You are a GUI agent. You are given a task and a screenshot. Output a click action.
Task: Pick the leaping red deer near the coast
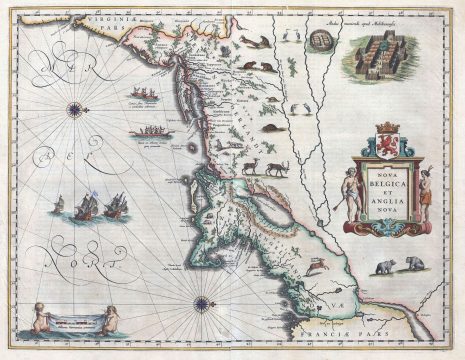tap(313, 265)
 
